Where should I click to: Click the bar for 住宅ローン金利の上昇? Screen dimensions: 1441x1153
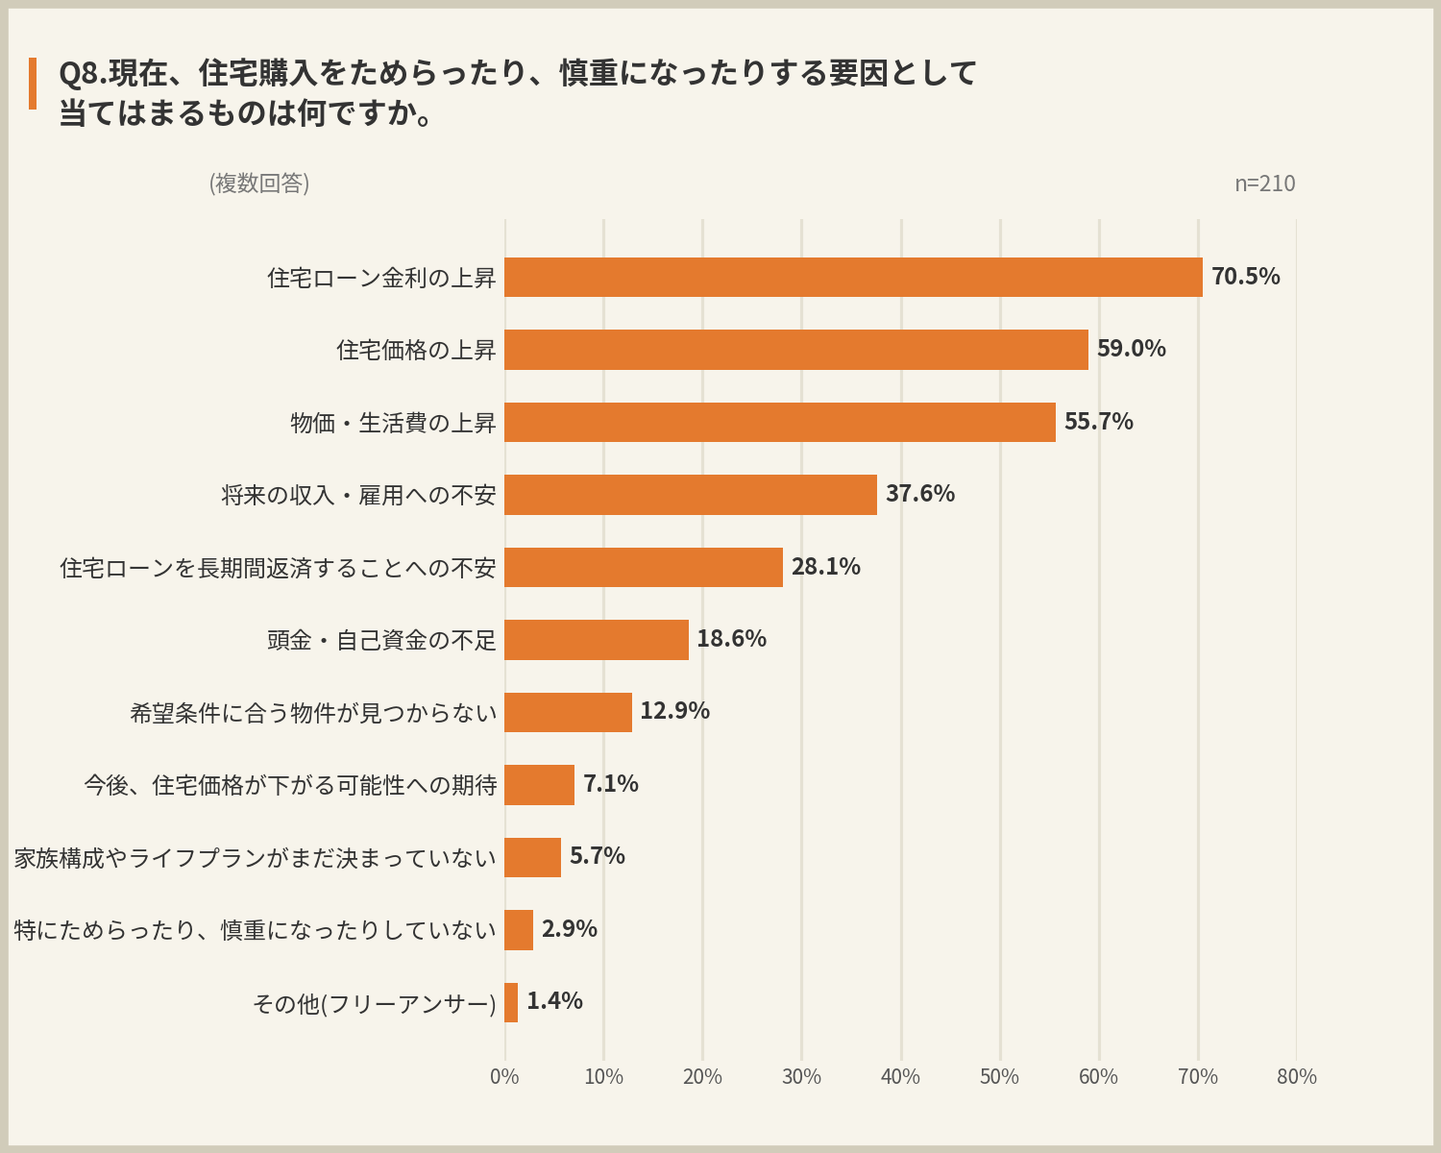click(853, 277)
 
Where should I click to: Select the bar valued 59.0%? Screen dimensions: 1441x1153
click(796, 349)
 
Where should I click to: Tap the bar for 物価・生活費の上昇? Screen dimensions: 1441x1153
click(780, 422)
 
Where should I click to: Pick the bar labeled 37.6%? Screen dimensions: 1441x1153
click(691, 495)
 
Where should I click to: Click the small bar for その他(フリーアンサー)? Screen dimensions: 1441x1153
click(511, 1002)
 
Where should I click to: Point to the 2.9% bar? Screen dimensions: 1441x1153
click(518, 930)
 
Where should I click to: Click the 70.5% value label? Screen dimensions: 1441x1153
click(1245, 276)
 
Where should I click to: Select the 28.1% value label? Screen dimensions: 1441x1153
click(825, 567)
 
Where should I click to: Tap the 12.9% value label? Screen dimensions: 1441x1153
click(675, 711)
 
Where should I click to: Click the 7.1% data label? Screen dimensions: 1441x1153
click(611, 783)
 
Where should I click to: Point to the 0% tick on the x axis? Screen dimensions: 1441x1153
click(504, 1076)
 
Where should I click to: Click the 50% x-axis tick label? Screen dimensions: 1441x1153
click(999, 1076)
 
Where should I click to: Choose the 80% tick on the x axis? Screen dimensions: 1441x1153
click(1296, 1076)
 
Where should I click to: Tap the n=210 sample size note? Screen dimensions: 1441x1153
click(1265, 183)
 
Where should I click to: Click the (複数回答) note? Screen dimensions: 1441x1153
click(259, 183)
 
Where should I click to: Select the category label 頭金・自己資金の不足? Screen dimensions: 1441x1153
click(381, 640)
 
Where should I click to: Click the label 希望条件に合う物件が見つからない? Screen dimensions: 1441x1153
click(313, 712)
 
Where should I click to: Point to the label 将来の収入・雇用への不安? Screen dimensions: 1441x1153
click(358, 495)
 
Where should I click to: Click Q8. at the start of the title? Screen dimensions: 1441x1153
click(84, 73)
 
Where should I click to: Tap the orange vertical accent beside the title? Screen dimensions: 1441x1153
click(32, 83)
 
